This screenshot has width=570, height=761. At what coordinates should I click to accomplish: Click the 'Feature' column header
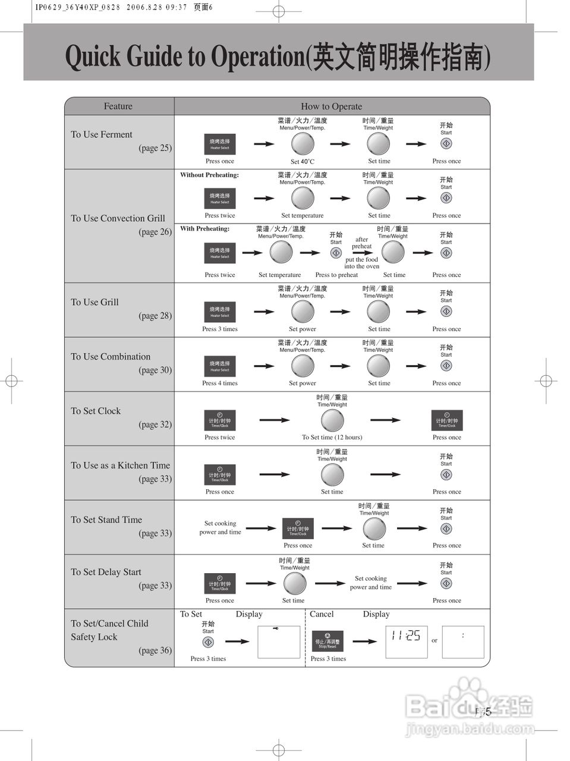click(x=118, y=106)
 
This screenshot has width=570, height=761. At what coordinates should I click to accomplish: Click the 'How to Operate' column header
click(x=331, y=106)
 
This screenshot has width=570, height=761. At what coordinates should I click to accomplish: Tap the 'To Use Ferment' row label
click(x=102, y=134)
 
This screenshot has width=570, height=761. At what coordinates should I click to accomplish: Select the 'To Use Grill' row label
click(x=95, y=302)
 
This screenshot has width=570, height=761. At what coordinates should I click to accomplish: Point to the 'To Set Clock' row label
click(x=96, y=411)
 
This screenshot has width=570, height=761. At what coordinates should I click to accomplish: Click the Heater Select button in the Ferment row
click(x=219, y=144)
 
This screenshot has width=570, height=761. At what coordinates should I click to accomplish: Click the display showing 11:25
click(x=406, y=641)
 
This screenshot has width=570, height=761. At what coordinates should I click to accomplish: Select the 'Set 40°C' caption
click(x=302, y=161)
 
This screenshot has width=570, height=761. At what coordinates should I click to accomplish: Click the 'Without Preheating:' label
click(x=209, y=175)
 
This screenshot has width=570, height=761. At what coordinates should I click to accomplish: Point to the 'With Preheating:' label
click(x=204, y=228)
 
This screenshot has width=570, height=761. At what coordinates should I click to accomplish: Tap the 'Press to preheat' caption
click(x=336, y=275)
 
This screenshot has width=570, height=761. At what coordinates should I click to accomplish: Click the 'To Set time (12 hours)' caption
click(x=332, y=437)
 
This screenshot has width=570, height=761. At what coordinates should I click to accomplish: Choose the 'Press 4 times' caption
click(x=219, y=383)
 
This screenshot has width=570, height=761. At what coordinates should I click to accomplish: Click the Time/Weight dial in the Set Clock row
click(x=332, y=421)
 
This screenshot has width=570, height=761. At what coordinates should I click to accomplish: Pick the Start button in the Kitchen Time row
click(x=446, y=474)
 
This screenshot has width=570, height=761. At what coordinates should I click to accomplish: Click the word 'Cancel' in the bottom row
click(x=322, y=614)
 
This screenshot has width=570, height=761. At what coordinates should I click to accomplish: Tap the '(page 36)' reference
click(x=155, y=650)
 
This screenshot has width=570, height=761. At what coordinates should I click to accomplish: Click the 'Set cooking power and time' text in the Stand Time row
click(x=220, y=528)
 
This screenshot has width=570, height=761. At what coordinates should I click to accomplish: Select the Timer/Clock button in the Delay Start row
click(x=219, y=583)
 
